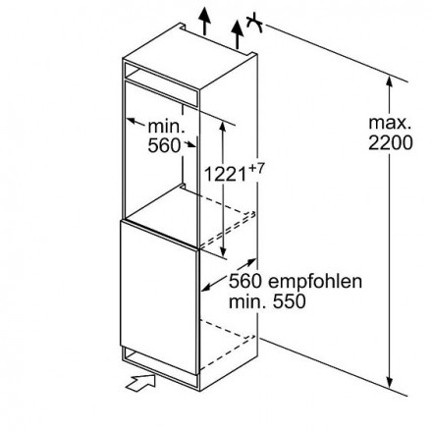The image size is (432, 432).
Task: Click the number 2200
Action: coord(391,143)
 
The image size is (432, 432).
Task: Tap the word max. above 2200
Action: coord(390,123)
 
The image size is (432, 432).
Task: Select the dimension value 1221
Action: coord(225,174)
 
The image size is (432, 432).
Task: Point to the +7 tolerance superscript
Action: coord(256,168)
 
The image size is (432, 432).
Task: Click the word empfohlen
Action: coord(315,281)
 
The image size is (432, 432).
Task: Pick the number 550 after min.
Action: coord(290,301)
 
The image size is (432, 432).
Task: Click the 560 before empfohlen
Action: coord(245,281)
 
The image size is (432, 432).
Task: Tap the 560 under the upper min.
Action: coord(164,145)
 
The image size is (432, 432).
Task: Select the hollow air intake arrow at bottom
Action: coord(141,382)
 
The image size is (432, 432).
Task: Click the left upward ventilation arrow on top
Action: coord(204,20)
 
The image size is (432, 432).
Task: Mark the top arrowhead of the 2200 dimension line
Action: coord(389,81)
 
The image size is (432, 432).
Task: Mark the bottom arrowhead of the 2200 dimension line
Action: coord(389,382)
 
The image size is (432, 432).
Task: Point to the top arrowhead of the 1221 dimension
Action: coord(223,128)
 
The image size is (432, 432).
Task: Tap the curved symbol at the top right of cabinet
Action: coord(255,23)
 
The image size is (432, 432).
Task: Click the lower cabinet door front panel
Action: coord(159,297)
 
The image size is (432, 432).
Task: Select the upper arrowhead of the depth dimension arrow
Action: coord(251,261)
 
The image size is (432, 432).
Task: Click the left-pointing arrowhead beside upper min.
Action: coord(132,121)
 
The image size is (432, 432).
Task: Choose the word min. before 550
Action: coord(248,301)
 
